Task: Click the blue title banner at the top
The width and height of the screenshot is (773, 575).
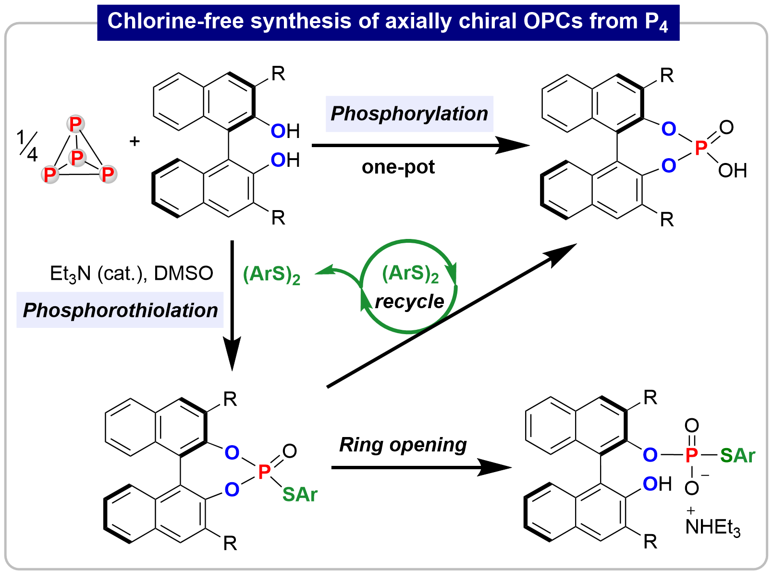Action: pos(388,22)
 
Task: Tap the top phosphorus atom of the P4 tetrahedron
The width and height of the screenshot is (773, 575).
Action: pos(75,124)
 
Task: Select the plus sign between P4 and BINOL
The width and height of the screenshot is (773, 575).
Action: pos(135,141)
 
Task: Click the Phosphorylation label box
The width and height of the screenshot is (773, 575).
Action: pos(409,114)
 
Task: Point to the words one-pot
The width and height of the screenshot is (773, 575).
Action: pos(398,167)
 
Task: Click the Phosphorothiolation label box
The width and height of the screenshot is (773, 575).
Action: pos(120,310)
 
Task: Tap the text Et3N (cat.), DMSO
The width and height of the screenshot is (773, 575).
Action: pos(131,274)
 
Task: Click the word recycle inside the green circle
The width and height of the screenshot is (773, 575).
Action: pos(409,302)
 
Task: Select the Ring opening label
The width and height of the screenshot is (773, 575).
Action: pos(403,445)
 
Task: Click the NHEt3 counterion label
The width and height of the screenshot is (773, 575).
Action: pos(712,526)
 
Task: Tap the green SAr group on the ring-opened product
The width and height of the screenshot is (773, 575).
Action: pos(737,456)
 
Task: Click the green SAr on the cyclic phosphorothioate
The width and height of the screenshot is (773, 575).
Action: pos(300,494)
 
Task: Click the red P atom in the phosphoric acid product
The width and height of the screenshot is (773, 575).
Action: pos(701,147)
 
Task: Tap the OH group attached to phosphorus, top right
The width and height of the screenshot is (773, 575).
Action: pos(732,171)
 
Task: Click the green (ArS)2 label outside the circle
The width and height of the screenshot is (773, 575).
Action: pos(271,275)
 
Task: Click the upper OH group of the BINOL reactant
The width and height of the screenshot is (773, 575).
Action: pos(285,131)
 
